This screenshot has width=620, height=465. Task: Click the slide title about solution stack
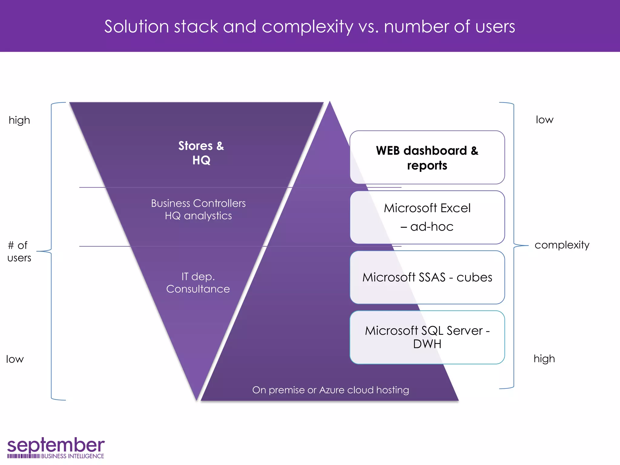pyautogui.click(x=309, y=27)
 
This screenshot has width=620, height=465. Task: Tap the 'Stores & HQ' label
pyautogui.click(x=201, y=153)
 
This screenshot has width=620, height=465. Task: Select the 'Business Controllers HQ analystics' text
pyautogui.click(x=198, y=209)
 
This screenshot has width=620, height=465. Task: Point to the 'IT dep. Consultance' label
pyautogui.click(x=198, y=282)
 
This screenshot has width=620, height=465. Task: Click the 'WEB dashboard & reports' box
pyautogui.click(x=427, y=157)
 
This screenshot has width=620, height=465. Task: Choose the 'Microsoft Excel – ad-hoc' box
pyautogui.click(x=427, y=217)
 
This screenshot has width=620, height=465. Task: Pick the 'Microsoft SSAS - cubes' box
pyautogui.click(x=427, y=277)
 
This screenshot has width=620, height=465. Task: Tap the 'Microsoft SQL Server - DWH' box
pyautogui.click(x=427, y=337)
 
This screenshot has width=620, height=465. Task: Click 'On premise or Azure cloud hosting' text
pyautogui.click(x=330, y=390)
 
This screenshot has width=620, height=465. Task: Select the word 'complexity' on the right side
pyautogui.click(x=562, y=245)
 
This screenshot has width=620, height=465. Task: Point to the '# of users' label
pyautogui.click(x=19, y=251)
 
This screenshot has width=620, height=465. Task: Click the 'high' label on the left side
pyautogui.click(x=19, y=120)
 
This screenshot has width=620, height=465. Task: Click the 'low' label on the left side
pyautogui.click(x=15, y=359)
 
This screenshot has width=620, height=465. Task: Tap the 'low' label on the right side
pyautogui.click(x=544, y=120)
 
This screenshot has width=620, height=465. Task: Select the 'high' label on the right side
pyautogui.click(x=544, y=359)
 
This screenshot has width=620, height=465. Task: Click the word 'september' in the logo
pyautogui.click(x=56, y=445)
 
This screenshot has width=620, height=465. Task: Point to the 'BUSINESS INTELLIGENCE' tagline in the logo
pyautogui.click(x=72, y=456)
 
